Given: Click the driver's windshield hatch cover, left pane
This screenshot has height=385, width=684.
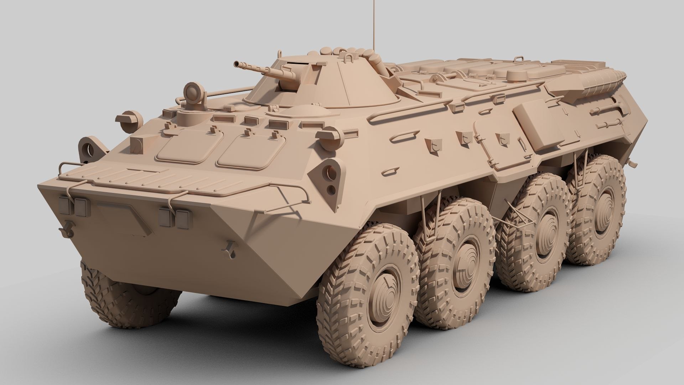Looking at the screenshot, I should (185, 146).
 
